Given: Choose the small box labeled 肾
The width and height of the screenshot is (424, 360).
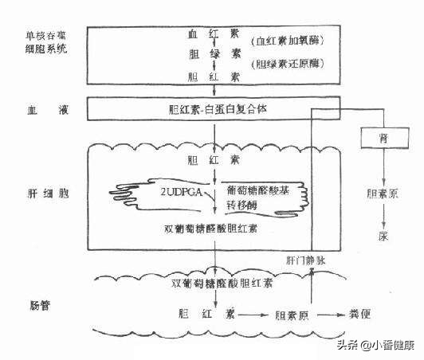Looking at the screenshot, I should tap(383, 139).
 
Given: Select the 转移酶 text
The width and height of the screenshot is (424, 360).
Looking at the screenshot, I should tap(245, 205).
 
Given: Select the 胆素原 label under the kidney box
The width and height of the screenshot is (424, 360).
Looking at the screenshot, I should tap(383, 193).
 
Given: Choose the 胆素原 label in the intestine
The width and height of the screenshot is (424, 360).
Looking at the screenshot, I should tap(292, 313).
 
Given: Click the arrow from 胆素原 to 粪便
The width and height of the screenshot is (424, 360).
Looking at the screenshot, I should tap(330, 313).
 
